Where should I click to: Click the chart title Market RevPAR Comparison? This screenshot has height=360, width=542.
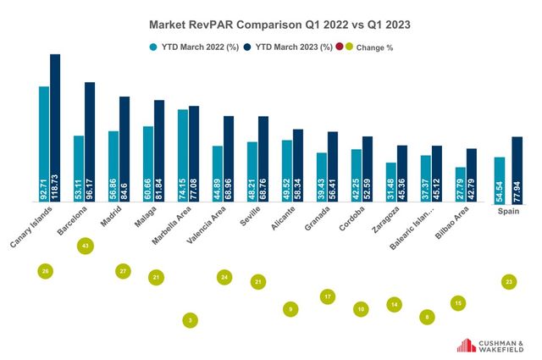coord(268,25)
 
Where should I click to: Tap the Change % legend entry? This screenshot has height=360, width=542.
coord(365,47)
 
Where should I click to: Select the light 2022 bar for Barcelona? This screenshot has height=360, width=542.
coord(79,169)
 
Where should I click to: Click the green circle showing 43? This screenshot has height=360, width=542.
coord(85,246)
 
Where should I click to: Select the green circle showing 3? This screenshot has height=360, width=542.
coord(191,320)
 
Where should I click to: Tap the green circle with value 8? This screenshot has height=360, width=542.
coord(427,317)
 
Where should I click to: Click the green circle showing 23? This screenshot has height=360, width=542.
coord(508,281)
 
